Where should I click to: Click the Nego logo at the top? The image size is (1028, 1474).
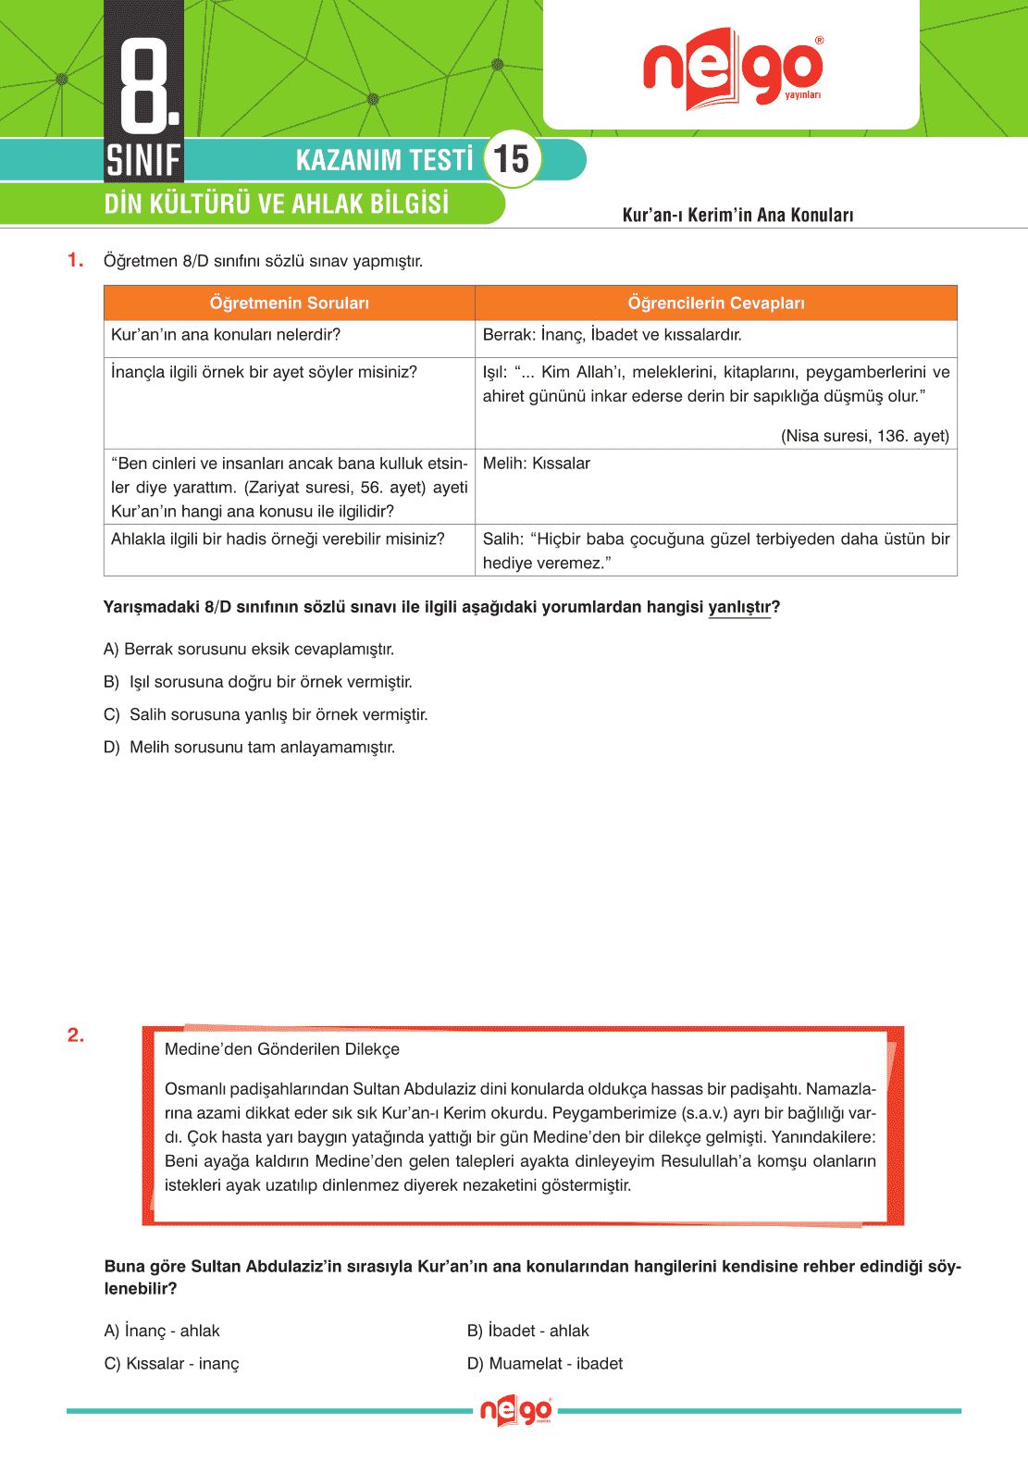point(732,68)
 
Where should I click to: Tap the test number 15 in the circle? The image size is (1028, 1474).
point(512,158)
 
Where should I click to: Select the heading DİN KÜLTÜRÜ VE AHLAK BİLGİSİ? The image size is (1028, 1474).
point(276,204)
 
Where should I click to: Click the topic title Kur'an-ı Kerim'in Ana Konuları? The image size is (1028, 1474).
point(737,215)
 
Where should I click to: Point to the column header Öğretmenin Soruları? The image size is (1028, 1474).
point(289,303)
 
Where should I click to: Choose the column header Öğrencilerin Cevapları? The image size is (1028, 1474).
point(715,303)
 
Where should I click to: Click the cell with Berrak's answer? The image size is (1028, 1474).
point(613,335)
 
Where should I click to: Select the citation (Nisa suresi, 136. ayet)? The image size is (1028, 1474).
point(864,436)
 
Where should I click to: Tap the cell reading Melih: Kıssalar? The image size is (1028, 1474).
point(537,464)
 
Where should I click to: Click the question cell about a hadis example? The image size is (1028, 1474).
point(278,539)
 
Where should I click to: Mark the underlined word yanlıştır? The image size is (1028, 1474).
point(739,607)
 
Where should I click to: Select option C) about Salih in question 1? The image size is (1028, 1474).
point(266,714)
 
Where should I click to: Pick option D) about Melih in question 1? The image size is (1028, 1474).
point(249,747)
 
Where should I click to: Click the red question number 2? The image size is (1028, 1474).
point(76,1035)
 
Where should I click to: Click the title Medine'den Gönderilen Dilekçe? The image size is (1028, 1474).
point(282,1049)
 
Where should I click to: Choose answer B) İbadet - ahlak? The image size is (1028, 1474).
point(528,1331)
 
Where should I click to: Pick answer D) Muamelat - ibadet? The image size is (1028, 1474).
point(545,1363)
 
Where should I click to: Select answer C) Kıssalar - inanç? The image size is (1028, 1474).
point(172,1363)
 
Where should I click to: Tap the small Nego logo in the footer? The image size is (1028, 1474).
point(515,1411)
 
